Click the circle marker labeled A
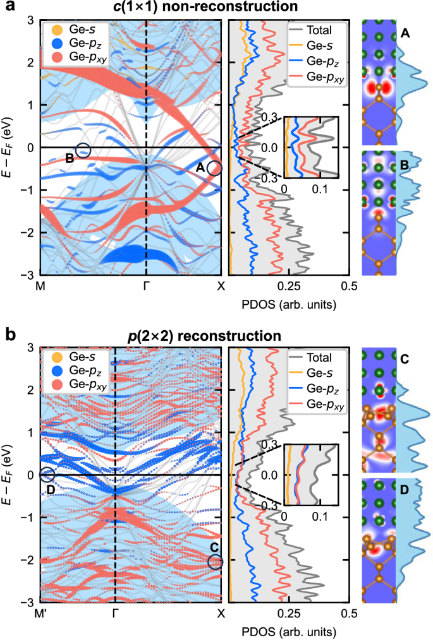[x=214, y=168]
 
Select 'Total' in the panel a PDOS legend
[x=318, y=29]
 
